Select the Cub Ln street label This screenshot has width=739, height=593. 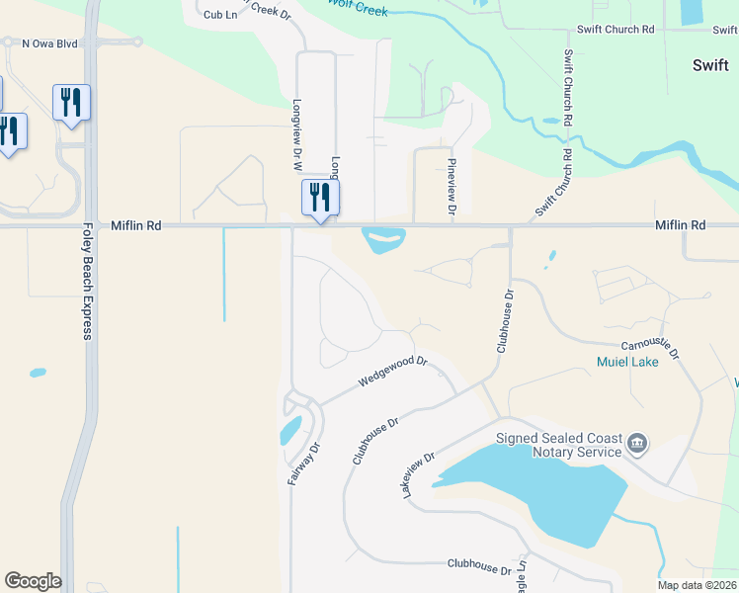pos(220,15)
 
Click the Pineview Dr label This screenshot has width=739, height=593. pos(452,187)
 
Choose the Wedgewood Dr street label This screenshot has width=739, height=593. pos(391,372)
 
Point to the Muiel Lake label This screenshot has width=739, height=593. pos(627,363)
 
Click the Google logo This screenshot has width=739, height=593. pos(33,581)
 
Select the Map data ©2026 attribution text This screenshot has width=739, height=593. pos(696,585)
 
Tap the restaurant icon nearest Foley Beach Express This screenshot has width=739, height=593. pos(71,102)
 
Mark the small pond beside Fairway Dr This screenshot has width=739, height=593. pos(290,431)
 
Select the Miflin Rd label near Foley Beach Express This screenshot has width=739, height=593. pos(135,225)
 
